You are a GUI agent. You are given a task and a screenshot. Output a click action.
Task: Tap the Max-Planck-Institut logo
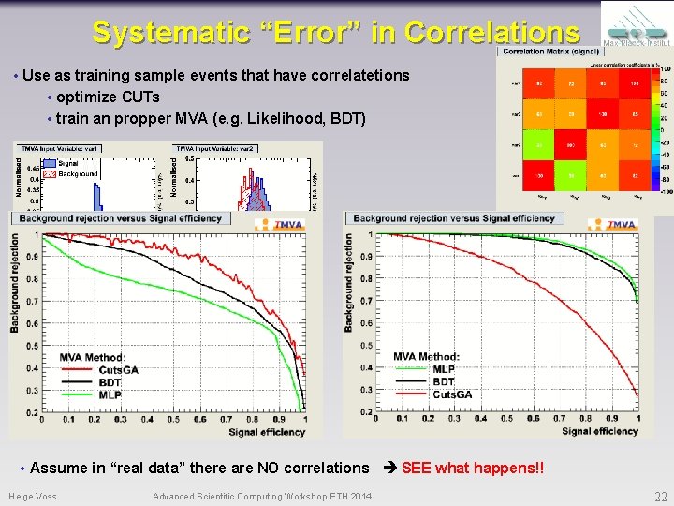coord(636,27)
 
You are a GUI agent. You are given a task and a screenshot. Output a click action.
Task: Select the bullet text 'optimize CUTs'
coord(108,97)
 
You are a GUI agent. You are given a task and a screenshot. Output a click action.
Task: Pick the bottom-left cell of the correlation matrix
coord(539,175)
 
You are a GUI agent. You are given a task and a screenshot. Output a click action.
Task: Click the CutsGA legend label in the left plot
coord(118,370)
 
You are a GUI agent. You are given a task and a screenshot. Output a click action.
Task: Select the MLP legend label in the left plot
coord(110,394)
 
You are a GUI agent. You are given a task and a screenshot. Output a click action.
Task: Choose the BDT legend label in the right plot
coord(444,381)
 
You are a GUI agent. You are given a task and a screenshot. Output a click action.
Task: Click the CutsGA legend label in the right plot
coord(452,394)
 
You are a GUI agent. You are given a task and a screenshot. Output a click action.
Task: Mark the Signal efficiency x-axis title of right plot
coord(599,431)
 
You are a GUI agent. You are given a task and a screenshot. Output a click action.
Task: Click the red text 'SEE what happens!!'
coord(472,468)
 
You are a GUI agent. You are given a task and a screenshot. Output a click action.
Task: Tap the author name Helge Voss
coord(32,496)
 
